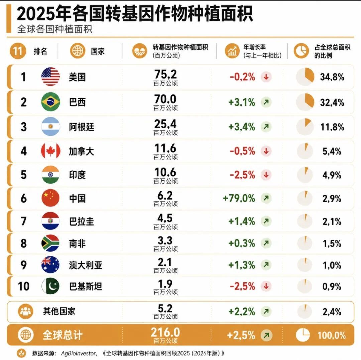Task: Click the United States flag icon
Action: tap(51, 77)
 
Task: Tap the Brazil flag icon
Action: tap(51, 102)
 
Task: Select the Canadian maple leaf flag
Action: tap(51, 151)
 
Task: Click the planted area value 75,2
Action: tap(165, 74)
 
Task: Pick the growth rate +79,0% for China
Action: tap(239, 198)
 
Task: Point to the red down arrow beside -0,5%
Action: tap(266, 151)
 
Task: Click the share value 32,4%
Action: tap(332, 102)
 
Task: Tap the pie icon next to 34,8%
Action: tap(305, 77)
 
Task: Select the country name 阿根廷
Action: tap(82, 127)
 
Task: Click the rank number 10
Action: tap(24, 286)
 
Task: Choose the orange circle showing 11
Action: tap(18, 51)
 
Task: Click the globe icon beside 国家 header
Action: tap(78, 51)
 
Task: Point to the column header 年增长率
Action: tap(255, 47)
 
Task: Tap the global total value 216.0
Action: tap(165, 332)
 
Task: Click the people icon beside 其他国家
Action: tap(25, 311)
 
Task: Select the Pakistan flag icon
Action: tap(51, 286)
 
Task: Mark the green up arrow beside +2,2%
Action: tap(266, 312)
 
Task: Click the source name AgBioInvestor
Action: tap(78, 353)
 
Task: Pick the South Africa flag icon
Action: tap(51, 243)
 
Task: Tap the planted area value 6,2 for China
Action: tap(165, 196)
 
